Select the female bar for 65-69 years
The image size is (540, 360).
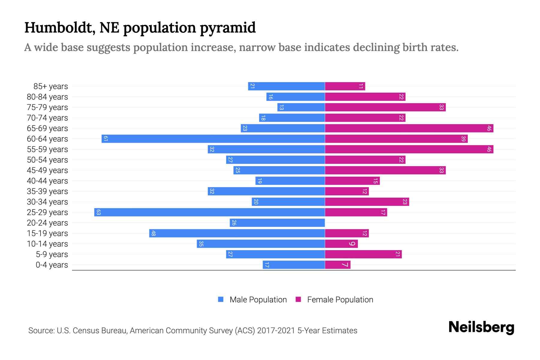pos(409,128)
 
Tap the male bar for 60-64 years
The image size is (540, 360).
pos(213,139)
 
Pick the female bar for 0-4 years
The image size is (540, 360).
pos(337,265)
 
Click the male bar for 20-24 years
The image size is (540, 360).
pos(277,223)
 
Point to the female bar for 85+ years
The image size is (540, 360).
pos(345,86)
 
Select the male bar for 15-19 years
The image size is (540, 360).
pos(237,233)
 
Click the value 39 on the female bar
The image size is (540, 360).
pos(463,139)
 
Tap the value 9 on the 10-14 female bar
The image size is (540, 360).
pos(352,244)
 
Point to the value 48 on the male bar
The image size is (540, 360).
pos(153,233)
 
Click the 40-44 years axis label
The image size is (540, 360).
pos(47,181)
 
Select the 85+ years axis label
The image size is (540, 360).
pos(51,86)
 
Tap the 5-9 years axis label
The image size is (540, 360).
pos(52,254)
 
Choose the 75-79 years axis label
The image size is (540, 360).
pos(47,107)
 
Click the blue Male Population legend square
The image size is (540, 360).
pos(221,299)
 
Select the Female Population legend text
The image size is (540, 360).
pos(340,299)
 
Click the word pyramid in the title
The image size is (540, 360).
pos(227,28)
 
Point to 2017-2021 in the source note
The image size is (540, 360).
pos(276,331)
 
